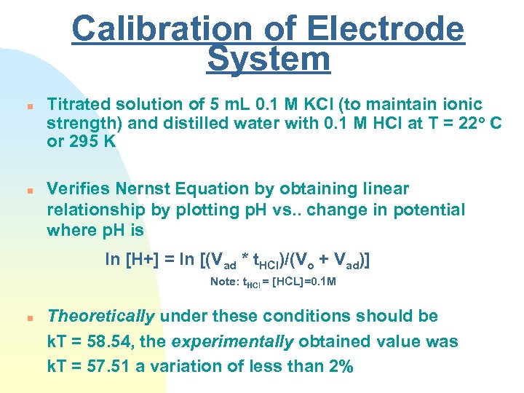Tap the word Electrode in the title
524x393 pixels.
[386, 30]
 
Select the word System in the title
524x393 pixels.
[268, 59]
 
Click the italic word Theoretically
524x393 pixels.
[100, 316]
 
